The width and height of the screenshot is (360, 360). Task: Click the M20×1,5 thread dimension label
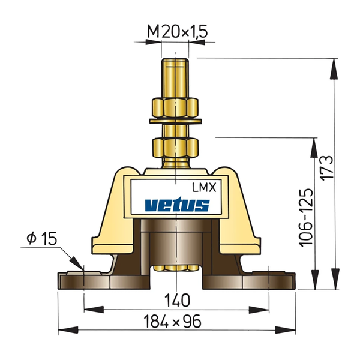point(178,31)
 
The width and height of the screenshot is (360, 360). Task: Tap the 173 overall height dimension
point(327,168)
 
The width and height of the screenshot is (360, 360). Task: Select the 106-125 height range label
point(306,218)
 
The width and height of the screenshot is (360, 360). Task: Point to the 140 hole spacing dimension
point(177,301)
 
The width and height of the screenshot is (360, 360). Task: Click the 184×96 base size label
point(172,321)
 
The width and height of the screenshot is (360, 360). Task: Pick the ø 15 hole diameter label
point(41,238)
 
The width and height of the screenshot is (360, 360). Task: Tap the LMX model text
point(204,188)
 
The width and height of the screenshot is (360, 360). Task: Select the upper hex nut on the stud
point(175,108)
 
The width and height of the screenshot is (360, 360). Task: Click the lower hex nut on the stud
point(175,147)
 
